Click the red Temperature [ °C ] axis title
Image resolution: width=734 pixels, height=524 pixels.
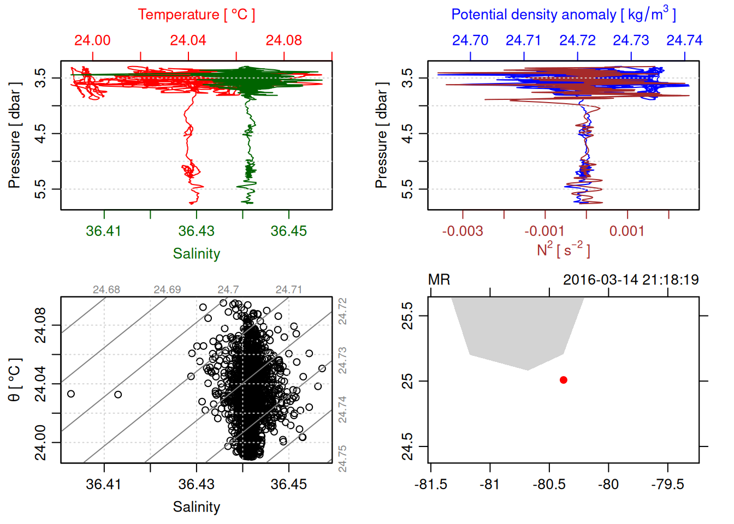(x=196, y=15)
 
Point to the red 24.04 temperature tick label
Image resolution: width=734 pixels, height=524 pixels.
(x=188, y=40)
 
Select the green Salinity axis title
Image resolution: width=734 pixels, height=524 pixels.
(x=196, y=254)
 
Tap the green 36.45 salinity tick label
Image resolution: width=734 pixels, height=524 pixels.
(x=288, y=231)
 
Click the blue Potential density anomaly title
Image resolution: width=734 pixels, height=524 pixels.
(x=563, y=15)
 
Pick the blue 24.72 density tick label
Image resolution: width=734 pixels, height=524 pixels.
(x=577, y=40)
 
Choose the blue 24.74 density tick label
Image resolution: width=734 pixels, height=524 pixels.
(x=684, y=40)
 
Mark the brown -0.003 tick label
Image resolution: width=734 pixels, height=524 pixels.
(x=462, y=231)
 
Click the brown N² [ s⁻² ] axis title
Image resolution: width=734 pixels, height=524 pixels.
(x=563, y=249)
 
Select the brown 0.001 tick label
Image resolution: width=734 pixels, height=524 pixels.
(x=627, y=231)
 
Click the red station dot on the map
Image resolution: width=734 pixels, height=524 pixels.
(x=564, y=380)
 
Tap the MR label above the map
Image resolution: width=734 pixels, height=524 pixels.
(x=439, y=280)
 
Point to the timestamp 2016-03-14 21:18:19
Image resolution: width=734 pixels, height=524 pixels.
(x=631, y=280)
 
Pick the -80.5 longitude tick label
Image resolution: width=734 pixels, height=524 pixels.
(x=549, y=485)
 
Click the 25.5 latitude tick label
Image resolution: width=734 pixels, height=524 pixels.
(x=407, y=316)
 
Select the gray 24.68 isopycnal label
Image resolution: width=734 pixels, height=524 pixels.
(x=106, y=290)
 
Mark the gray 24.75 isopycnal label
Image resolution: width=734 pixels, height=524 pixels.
(x=342, y=458)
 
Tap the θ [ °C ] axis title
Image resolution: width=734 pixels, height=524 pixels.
(x=14, y=380)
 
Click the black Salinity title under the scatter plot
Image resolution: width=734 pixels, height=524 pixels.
(x=196, y=507)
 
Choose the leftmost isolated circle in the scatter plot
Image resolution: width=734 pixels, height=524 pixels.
(x=71, y=394)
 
